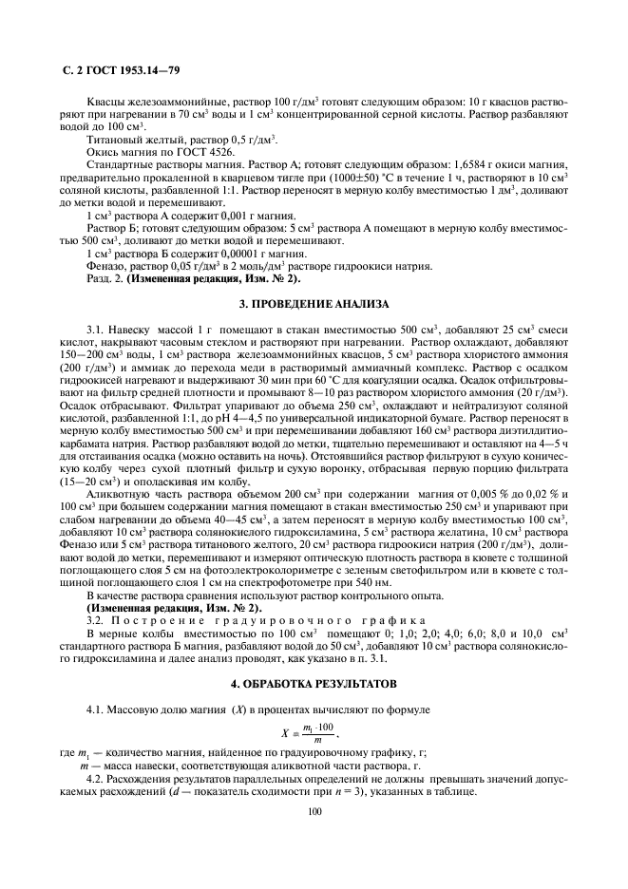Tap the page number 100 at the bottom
coord(314,811)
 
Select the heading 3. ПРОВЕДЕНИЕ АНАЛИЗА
coord(314,304)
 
